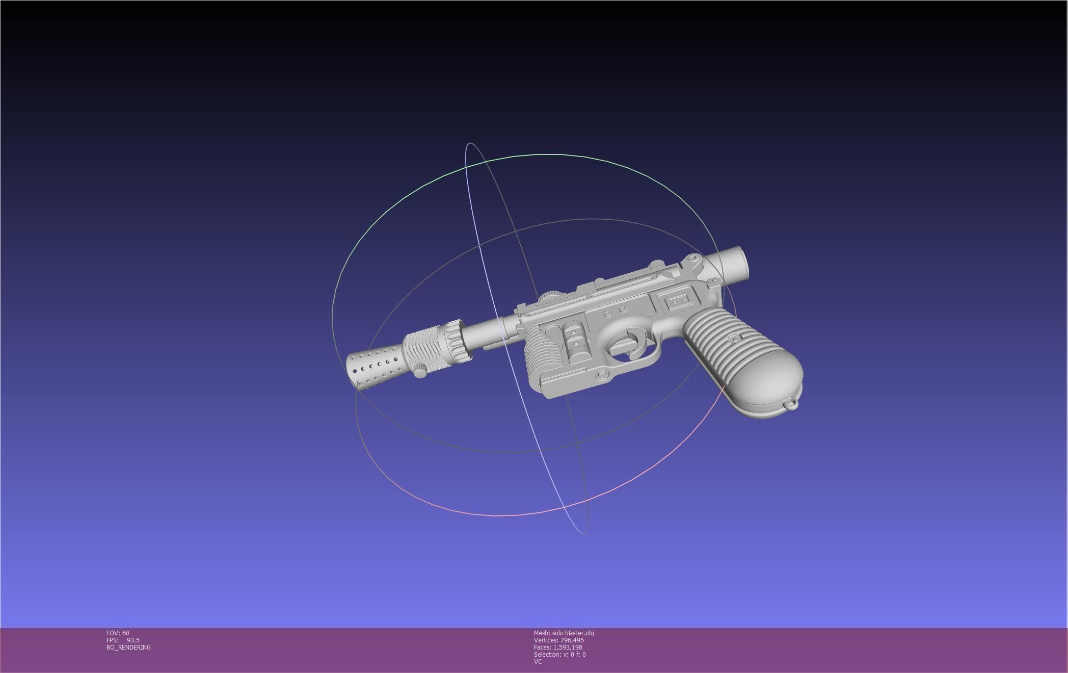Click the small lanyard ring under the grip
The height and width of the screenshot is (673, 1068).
point(791,404)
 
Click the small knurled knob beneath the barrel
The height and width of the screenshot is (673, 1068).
point(420,371)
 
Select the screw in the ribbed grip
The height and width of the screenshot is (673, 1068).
point(734,339)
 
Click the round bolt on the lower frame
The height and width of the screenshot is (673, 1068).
point(602,375)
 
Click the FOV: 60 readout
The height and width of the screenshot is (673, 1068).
point(118,633)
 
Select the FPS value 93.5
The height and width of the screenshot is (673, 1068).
point(132,640)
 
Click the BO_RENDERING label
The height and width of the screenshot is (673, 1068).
point(128,648)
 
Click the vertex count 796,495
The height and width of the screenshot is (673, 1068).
point(572,640)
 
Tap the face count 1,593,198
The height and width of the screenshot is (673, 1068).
point(567,648)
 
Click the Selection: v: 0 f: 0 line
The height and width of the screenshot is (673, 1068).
point(559,655)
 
